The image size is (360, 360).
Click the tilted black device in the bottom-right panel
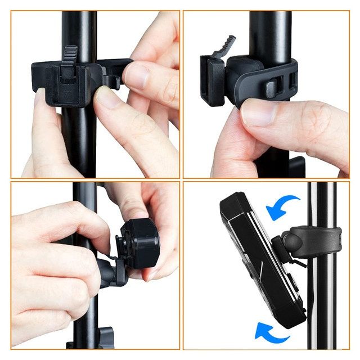click(256, 259)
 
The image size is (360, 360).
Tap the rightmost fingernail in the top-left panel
click(136, 75)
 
